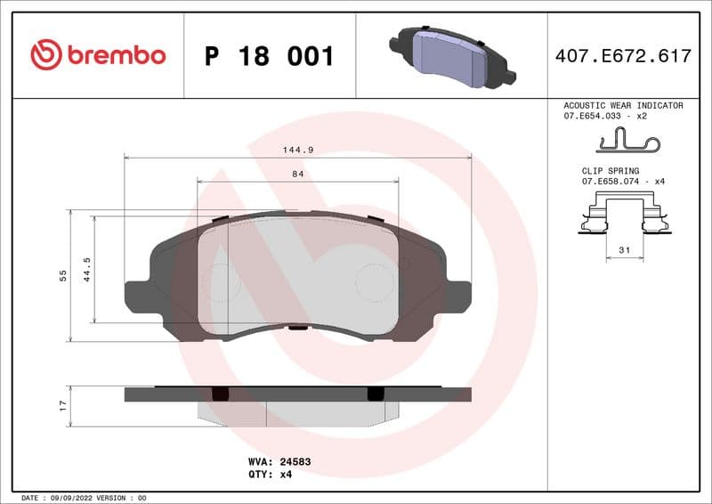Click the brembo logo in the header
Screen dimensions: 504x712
pyautogui.click(x=98, y=55)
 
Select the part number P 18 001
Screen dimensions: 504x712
pyautogui.click(x=269, y=56)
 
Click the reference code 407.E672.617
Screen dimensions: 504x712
pyautogui.click(x=622, y=56)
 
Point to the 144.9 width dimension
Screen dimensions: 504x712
pyautogui.click(x=297, y=150)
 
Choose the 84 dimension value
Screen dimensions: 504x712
pyautogui.click(x=297, y=175)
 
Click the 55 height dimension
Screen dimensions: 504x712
pyautogui.click(x=63, y=276)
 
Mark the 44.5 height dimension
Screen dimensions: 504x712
pyautogui.click(x=87, y=268)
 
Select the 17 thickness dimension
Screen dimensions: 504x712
pyautogui.click(x=63, y=406)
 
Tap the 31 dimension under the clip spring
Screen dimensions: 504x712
pyautogui.click(x=624, y=251)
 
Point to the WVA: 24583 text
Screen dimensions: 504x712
pyautogui.click(x=278, y=461)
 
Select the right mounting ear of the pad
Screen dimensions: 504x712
pyautogui.click(x=456, y=295)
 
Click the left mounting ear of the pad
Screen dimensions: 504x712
pyautogui.click(x=138, y=295)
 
